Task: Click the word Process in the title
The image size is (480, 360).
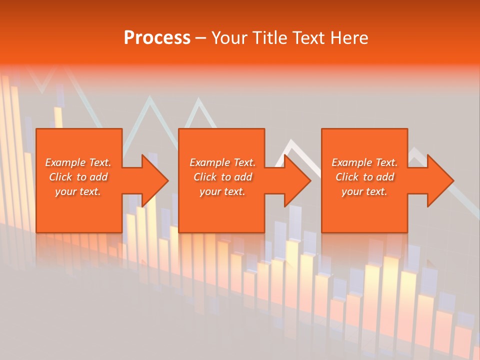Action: tap(157, 38)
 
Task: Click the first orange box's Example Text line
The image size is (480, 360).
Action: tap(78, 162)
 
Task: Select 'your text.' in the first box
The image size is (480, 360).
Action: tap(78, 191)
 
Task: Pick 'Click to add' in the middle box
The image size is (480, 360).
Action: tap(222, 177)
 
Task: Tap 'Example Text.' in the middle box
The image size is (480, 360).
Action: tap(222, 162)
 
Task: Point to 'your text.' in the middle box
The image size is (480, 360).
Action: tap(222, 191)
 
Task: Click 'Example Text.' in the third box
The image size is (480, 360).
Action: tap(364, 162)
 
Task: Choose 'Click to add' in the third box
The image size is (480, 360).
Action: tap(364, 177)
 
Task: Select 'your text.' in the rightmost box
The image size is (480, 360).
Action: tap(364, 191)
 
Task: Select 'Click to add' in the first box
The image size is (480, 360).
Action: tap(78, 177)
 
